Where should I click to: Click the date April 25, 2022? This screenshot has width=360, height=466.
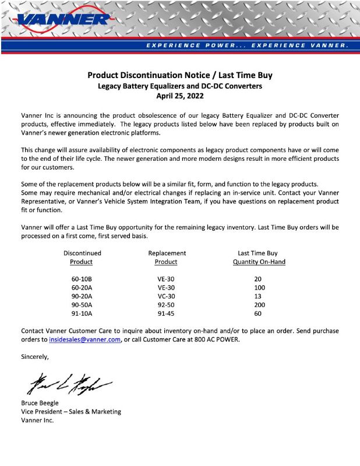[180, 96]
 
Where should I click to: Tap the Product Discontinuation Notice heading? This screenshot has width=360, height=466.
[180, 75]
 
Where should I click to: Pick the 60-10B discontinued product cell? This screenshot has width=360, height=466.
[82, 279]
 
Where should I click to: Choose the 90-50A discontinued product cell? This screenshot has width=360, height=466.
[82, 305]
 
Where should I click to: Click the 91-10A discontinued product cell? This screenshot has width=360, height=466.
[82, 313]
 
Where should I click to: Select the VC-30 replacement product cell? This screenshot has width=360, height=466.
[166, 296]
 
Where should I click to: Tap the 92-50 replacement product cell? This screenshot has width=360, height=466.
[166, 305]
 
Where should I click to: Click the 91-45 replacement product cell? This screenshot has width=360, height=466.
[166, 313]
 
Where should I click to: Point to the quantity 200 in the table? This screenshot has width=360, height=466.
[259, 305]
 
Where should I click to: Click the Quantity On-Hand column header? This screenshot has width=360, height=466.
[259, 262]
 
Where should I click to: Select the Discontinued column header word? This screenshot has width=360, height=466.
[82, 253]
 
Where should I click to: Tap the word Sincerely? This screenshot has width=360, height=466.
[35, 356]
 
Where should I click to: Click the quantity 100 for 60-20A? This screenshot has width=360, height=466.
[259, 288]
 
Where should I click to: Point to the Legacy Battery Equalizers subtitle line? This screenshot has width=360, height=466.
[180, 86]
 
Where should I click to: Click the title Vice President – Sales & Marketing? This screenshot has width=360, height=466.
[71, 412]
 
